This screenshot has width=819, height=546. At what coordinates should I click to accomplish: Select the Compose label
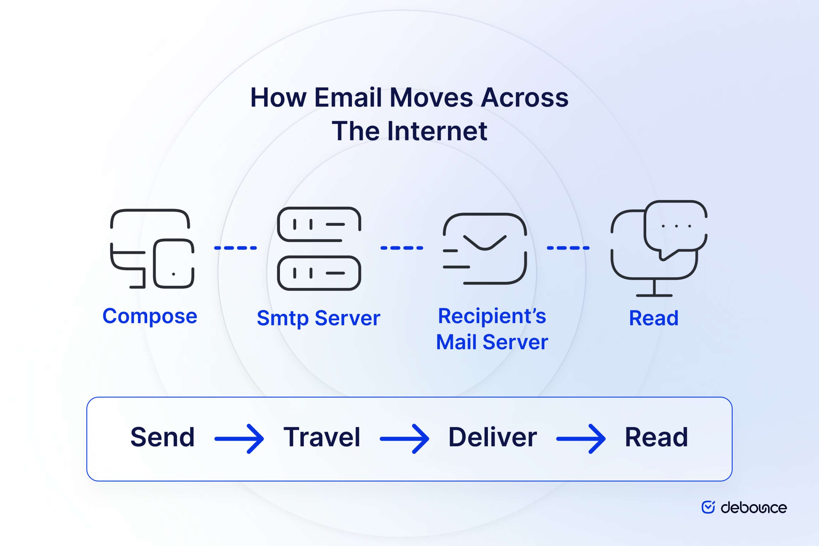pyautogui.click(x=150, y=316)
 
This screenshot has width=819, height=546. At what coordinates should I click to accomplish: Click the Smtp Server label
pyautogui.click(x=318, y=318)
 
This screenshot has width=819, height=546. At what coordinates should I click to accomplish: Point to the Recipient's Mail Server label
pyautogui.click(x=492, y=329)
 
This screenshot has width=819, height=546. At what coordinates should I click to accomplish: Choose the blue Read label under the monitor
pyautogui.click(x=654, y=318)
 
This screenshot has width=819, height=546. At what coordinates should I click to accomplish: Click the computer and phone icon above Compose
pyautogui.click(x=152, y=249)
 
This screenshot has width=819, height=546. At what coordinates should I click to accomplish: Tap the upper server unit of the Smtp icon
pyautogui.click(x=319, y=224)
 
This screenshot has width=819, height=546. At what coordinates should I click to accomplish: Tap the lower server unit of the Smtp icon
pyautogui.click(x=319, y=273)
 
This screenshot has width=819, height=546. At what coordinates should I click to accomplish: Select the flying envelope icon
pyautogui.click(x=485, y=249)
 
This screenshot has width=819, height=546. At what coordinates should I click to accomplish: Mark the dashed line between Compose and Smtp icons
pyautogui.click(x=235, y=248)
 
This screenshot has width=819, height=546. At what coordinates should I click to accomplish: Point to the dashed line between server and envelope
pyautogui.click(x=402, y=248)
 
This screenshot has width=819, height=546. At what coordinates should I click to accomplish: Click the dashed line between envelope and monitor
pyautogui.click(x=568, y=248)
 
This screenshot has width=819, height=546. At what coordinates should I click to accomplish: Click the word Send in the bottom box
pyautogui.click(x=162, y=437)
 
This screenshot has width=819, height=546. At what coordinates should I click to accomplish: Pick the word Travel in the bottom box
pyautogui.click(x=322, y=437)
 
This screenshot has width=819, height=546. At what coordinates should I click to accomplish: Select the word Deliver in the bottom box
pyautogui.click(x=492, y=437)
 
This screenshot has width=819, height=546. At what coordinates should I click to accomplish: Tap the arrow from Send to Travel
pyautogui.click(x=239, y=439)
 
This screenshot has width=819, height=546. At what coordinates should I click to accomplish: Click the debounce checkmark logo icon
pyautogui.click(x=708, y=507)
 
